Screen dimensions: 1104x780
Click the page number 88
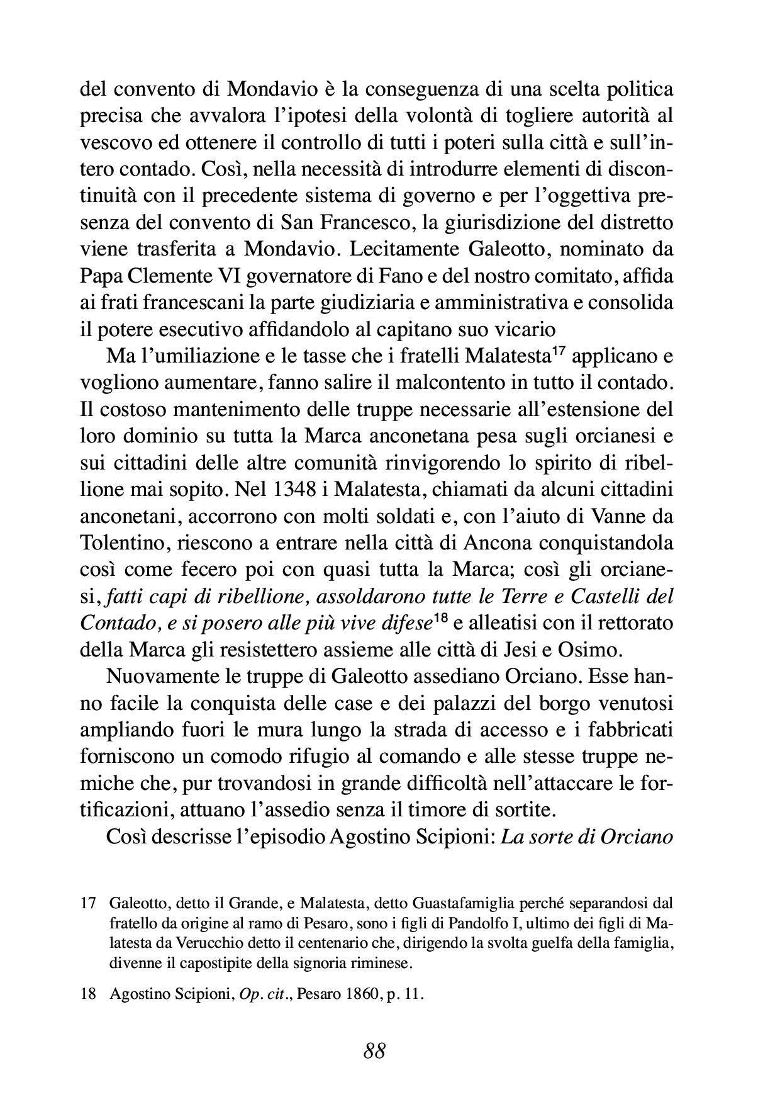coord(374,1050)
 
